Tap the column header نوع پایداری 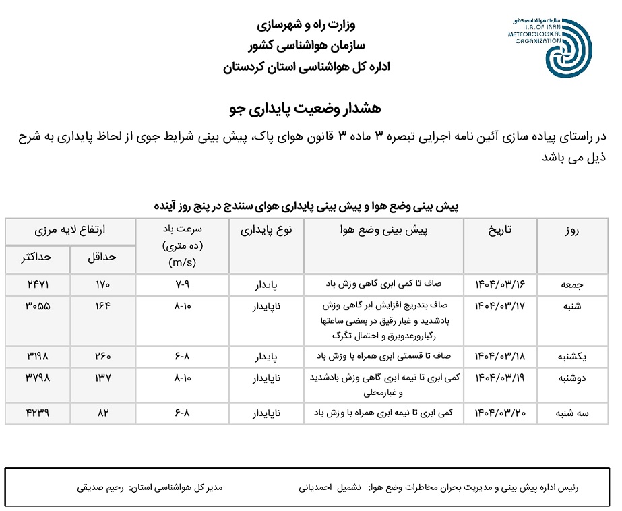click(x=266, y=230)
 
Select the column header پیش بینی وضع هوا click(x=383, y=230)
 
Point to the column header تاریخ click(x=499, y=230)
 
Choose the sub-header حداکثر click(x=38, y=257)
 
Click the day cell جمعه click(x=573, y=284)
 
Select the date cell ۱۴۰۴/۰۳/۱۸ click(x=499, y=355)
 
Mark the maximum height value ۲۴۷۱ click(x=38, y=284)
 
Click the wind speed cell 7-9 click(x=182, y=284)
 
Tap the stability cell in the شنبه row click(x=266, y=306)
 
